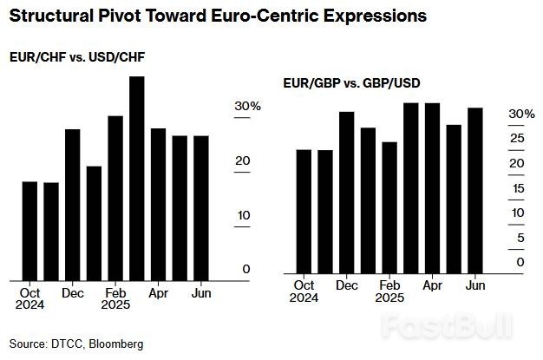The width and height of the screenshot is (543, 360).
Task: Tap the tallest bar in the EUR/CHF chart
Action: point(136,178)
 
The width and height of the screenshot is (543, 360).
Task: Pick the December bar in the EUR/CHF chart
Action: point(72,205)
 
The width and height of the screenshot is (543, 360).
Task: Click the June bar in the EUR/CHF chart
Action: point(200,208)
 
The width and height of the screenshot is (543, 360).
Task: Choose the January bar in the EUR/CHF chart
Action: point(94,223)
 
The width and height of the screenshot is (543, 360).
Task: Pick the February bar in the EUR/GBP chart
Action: point(389,207)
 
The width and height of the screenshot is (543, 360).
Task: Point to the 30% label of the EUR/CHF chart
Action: point(247,107)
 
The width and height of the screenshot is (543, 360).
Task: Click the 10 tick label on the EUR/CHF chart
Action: point(243,215)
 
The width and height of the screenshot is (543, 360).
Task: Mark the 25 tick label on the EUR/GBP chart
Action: point(517,139)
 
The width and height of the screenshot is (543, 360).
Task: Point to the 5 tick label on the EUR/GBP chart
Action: point(520,238)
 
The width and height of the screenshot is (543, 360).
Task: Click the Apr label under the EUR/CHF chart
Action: point(158,294)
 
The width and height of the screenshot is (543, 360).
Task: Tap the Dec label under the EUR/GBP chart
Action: point(347,285)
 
